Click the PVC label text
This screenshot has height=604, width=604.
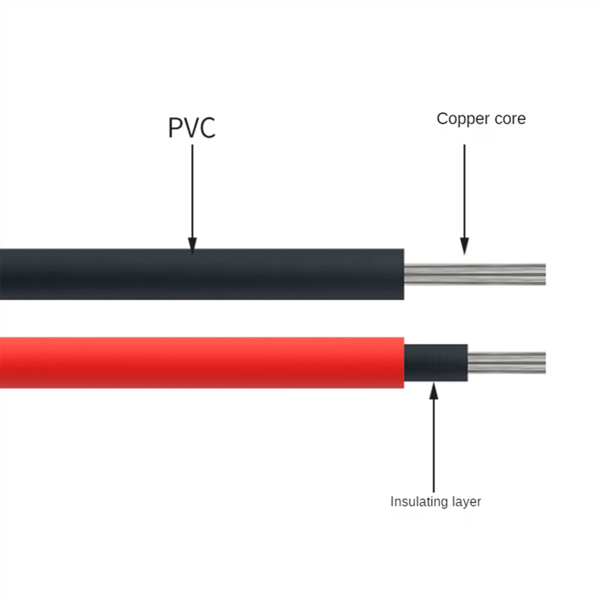point(192,127)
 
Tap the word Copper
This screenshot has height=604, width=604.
point(461,119)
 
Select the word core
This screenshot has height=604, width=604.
point(508,119)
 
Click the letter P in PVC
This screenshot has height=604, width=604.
point(175,127)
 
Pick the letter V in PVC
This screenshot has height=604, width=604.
point(191,127)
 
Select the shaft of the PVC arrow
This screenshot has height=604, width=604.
point(192,191)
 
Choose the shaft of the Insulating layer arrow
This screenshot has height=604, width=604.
point(433,443)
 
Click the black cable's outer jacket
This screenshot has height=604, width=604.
point(201,274)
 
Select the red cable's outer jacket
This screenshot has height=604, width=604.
point(201,362)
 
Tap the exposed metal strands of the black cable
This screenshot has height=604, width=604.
point(473,274)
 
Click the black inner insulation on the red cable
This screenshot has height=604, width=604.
point(436,363)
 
